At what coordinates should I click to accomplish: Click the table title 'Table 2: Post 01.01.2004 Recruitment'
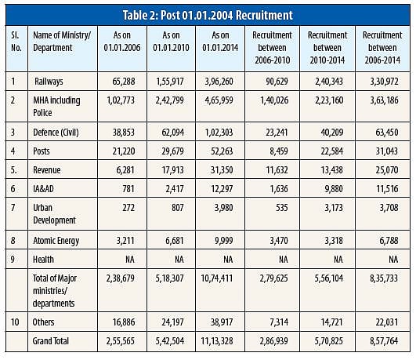coord(208,14)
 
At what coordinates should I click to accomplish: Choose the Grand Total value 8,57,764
coord(388,343)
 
